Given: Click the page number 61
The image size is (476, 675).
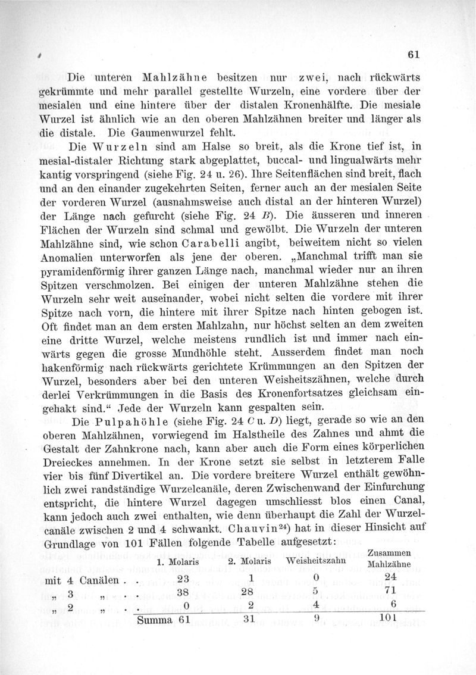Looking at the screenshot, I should [414, 55].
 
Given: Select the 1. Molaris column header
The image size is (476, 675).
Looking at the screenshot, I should [177, 562].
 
